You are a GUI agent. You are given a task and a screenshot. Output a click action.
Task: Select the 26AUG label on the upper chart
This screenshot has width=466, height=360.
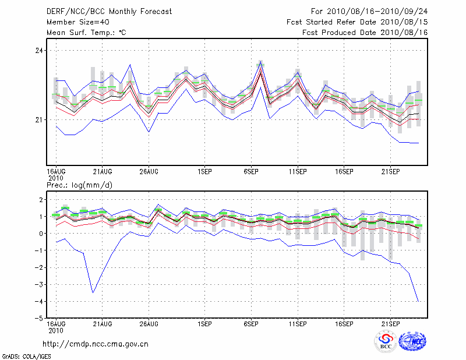pos(149,171)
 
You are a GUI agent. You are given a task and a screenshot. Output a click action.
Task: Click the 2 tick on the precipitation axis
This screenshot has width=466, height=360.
pos(40,200)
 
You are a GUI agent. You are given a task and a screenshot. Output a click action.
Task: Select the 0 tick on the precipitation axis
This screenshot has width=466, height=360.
pos(40,234)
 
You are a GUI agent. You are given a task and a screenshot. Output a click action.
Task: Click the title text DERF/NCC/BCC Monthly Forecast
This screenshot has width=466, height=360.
pos(109,12)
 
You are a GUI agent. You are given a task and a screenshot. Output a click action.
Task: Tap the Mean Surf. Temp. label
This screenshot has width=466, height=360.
pos(86,33)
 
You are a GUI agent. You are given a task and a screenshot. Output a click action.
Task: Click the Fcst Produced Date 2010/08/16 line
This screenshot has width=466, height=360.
pos(365,33)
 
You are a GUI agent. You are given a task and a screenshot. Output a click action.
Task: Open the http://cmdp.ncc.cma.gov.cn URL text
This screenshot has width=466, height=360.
pos(96,344)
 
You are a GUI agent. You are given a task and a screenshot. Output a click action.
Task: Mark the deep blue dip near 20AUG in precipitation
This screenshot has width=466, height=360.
pos(93,292)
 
